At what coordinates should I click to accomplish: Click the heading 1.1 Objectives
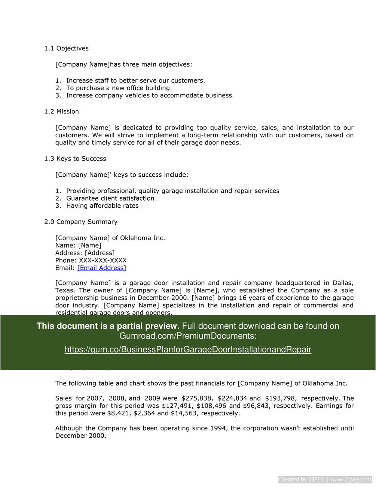click(66, 48)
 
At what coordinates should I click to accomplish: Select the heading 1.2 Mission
click(61, 112)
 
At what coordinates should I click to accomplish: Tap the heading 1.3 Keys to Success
click(75, 159)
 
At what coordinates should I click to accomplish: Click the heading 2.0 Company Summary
click(80, 222)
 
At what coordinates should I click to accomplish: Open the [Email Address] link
click(101, 268)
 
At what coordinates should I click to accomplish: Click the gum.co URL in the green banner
click(188, 350)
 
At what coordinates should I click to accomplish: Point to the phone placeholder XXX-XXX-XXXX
click(103, 261)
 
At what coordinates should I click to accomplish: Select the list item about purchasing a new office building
click(119, 88)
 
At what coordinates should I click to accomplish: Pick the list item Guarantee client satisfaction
click(110, 198)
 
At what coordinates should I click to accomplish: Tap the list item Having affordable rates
click(102, 206)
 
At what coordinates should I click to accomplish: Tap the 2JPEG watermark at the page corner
click(325, 480)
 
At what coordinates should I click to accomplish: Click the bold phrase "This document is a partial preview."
click(108, 326)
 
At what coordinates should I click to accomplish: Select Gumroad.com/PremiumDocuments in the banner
click(187, 336)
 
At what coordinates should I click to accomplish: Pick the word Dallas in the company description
click(342, 283)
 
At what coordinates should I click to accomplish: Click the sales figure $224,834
click(233, 398)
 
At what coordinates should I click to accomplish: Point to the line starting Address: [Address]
click(85, 253)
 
